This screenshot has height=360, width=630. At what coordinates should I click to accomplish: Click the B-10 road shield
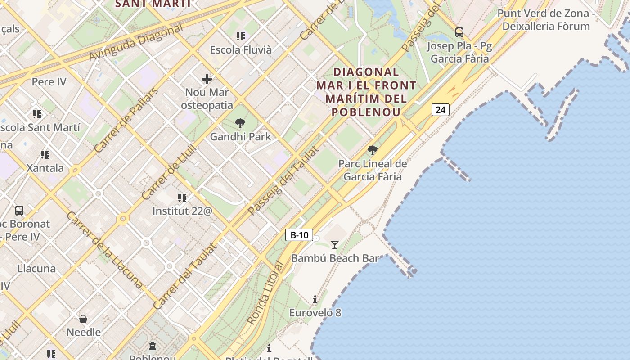[299, 234]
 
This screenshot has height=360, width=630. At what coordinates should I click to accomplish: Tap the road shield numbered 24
[440, 109]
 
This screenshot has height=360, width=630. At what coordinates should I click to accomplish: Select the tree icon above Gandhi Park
[240, 123]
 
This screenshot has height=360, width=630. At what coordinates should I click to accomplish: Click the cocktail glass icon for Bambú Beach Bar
[334, 245]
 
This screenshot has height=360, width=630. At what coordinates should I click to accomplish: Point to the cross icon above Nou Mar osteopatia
[207, 80]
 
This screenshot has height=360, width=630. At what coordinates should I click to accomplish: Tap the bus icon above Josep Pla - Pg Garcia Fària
[459, 32]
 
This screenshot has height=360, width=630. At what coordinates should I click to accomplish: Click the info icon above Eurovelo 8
[315, 299]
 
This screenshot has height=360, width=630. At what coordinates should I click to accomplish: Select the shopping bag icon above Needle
[83, 319]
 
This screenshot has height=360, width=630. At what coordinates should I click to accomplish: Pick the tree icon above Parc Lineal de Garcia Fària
[372, 150]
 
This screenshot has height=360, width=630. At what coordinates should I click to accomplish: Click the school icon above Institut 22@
[182, 198]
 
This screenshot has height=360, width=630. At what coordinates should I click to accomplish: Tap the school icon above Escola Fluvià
[241, 36]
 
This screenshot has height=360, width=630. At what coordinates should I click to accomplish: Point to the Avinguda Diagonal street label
[136, 42]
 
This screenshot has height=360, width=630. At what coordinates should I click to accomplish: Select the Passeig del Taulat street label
[283, 180]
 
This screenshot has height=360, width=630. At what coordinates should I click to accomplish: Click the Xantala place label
[45, 168]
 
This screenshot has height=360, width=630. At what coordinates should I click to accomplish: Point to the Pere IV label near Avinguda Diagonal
[49, 82]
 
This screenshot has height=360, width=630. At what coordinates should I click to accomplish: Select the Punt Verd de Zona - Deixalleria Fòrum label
[546, 20]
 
